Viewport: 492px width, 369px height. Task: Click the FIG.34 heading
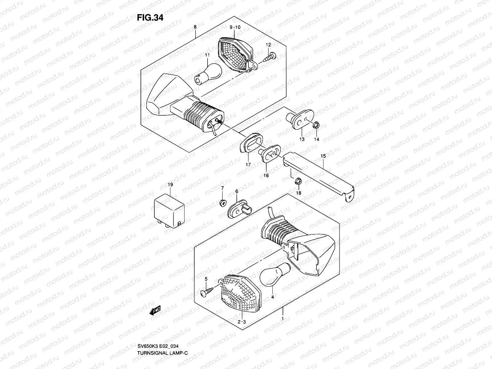point(150,18)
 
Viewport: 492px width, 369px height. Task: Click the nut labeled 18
point(298,181)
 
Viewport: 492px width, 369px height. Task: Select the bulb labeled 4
point(275,273)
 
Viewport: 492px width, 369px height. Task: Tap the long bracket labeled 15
point(320,175)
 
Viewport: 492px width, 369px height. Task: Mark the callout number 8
point(195,27)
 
